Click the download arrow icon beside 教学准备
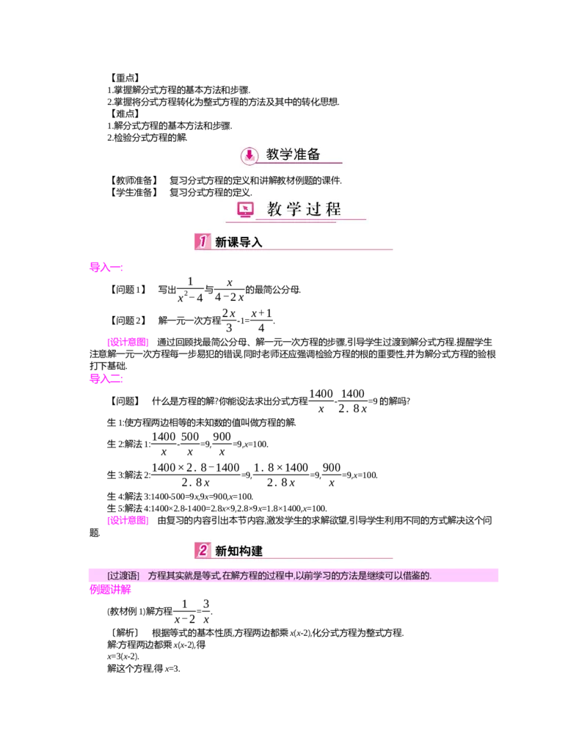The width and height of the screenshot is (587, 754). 249,155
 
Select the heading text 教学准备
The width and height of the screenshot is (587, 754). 293,155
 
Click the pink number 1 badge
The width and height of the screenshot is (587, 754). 203,241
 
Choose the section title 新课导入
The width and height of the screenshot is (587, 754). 238,242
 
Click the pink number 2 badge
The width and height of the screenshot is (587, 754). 203,550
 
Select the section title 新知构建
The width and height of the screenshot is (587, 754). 238,551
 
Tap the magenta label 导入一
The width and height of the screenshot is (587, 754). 106,268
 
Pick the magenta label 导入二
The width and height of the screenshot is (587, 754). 106,378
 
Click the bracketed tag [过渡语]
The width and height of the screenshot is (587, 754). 123,576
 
